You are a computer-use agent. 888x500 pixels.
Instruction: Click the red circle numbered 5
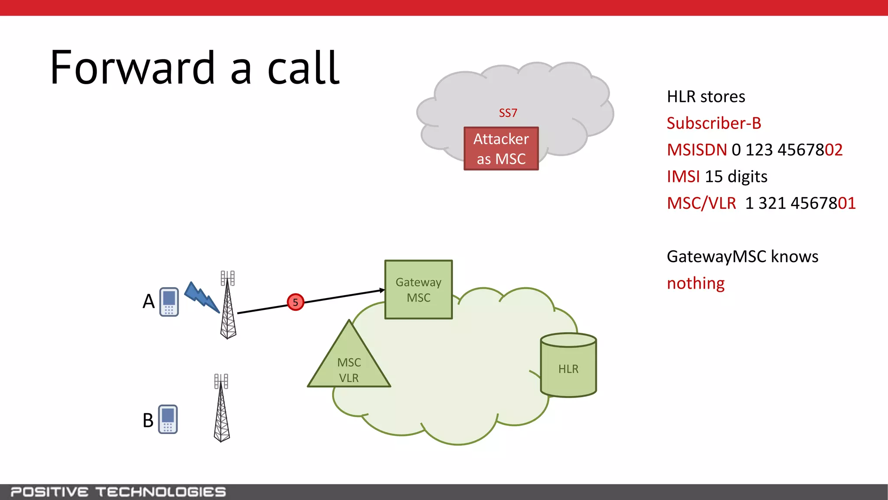(x=295, y=302)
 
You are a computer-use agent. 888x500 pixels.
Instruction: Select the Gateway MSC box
(x=418, y=289)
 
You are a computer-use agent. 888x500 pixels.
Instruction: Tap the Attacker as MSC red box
(x=501, y=148)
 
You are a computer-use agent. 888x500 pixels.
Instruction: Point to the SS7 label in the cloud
(x=508, y=113)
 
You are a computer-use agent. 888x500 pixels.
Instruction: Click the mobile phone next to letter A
(x=169, y=302)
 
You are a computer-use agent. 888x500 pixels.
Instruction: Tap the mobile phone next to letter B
(x=168, y=419)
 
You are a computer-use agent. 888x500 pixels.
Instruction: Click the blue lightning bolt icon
(x=202, y=297)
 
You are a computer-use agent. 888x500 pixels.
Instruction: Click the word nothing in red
(x=695, y=283)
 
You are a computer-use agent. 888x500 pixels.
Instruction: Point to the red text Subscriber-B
(x=714, y=123)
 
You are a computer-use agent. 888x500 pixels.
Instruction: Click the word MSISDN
(x=697, y=150)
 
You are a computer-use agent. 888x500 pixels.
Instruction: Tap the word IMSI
(x=683, y=177)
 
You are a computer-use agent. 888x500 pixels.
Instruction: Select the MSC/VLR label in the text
(x=701, y=203)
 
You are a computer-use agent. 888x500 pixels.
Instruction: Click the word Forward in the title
(x=132, y=68)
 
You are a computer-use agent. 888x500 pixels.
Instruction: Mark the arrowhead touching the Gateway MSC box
(x=382, y=290)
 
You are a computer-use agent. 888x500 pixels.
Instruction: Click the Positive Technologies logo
(x=118, y=492)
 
